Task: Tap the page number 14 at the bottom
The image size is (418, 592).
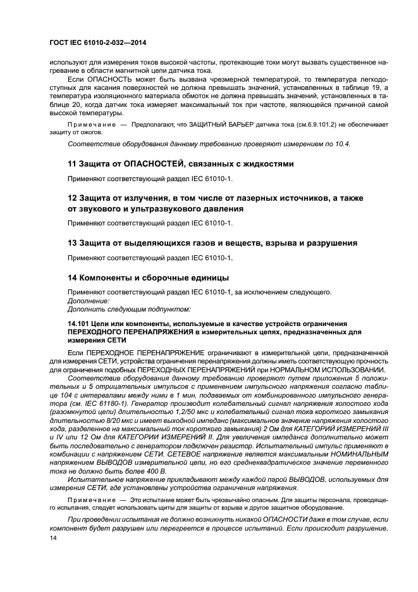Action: tap(52, 538)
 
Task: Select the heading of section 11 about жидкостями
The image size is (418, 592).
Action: tap(180, 163)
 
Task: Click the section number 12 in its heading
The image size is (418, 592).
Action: tap(72, 198)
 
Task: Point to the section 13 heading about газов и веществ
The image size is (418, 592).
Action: tap(212, 242)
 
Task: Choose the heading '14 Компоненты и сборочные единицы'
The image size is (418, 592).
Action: tap(148, 277)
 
